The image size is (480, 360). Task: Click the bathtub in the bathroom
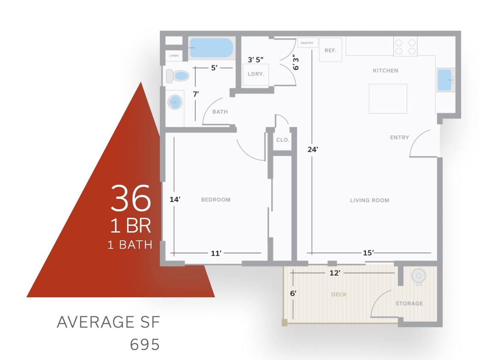[211, 48]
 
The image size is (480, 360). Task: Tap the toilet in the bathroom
[177, 75]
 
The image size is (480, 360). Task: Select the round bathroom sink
[175, 102]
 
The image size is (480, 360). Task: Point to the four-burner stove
[405, 46]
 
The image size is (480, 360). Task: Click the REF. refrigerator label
[330, 50]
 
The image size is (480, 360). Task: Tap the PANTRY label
[307, 43]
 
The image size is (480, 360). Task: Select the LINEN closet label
[174, 56]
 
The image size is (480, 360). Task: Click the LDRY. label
[256, 74]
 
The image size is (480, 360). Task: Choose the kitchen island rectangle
[388, 99]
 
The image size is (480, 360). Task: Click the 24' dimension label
[313, 149]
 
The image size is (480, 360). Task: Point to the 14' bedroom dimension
[175, 200]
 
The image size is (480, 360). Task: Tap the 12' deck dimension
[335, 273]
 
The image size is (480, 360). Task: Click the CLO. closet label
[282, 140]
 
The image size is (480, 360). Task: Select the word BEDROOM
[216, 200]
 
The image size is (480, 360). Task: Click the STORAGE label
[409, 303]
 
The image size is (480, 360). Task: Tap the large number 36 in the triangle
[131, 198]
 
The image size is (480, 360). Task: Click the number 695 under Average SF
[145, 345]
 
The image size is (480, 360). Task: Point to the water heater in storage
[419, 276]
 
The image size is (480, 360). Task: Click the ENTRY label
[399, 137]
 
